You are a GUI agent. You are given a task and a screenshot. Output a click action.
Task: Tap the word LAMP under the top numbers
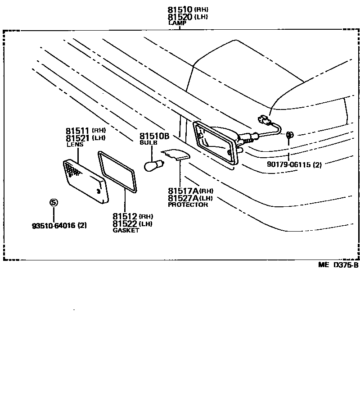click(x=177, y=23)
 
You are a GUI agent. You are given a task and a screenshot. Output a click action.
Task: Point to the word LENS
click(x=75, y=145)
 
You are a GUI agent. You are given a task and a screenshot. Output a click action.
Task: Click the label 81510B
click(x=154, y=136)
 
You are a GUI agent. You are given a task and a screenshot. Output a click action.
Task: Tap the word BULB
click(x=148, y=142)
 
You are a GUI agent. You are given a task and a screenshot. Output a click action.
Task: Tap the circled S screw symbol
click(x=54, y=203)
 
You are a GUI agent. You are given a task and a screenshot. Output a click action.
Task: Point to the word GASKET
click(x=126, y=230)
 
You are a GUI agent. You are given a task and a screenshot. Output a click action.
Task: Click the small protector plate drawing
click(x=176, y=155)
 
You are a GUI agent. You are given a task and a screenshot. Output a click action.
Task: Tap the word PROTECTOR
click(x=188, y=205)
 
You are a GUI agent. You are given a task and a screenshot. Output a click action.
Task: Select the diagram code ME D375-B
click(x=338, y=265)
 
